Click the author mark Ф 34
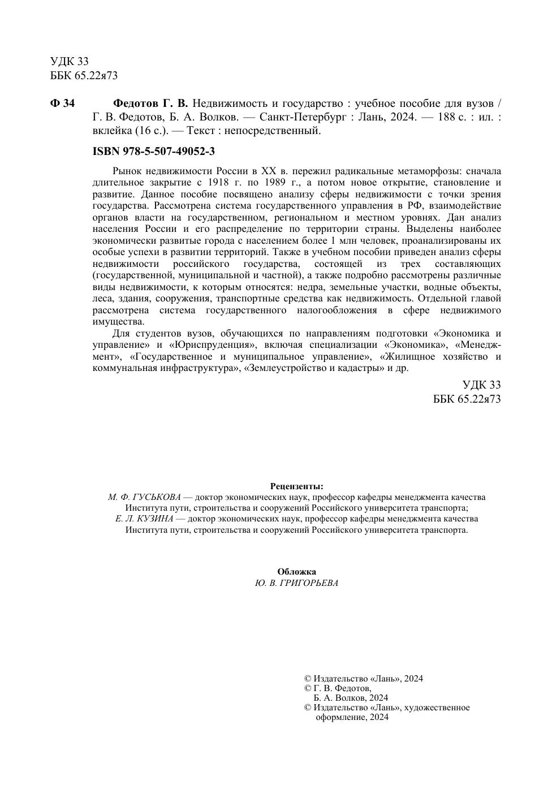point(62,103)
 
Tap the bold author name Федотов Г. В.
point(150,103)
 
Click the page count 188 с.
point(450,118)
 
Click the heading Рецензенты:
point(297,486)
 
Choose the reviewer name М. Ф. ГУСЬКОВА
point(144,498)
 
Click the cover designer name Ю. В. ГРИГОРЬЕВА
point(297,584)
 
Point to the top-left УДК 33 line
point(70,61)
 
